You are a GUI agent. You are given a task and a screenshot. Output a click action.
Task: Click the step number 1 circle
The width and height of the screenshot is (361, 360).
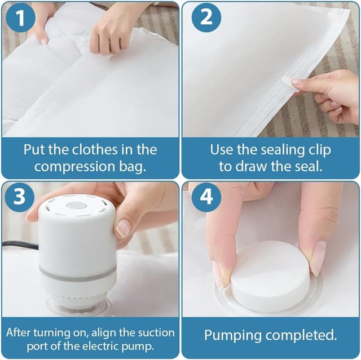20,18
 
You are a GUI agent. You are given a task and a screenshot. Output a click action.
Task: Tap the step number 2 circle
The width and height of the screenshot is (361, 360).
206,17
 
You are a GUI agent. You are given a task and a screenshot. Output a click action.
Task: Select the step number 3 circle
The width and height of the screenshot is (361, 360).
20,197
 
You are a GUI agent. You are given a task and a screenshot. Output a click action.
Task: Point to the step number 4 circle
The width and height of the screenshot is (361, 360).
206,197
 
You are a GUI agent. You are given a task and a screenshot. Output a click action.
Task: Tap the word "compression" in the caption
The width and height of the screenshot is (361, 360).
74,167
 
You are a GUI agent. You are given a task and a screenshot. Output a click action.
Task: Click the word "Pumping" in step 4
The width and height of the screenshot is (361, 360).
233,335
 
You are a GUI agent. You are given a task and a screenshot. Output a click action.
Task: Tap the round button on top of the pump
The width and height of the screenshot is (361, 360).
73,205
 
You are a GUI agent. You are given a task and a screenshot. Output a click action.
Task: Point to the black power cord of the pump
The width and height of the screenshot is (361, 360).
20,245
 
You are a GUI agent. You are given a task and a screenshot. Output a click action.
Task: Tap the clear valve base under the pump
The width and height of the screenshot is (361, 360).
78,304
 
